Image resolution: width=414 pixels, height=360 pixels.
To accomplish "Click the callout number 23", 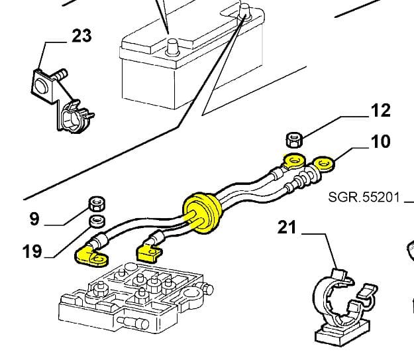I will tap(81, 35).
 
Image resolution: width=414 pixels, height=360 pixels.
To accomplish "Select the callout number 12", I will tap(381, 110).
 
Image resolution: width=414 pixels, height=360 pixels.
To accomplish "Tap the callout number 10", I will tap(381, 141).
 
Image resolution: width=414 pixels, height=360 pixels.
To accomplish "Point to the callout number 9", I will tap(34, 218).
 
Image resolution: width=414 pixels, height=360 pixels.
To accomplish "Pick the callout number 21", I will tap(287, 227).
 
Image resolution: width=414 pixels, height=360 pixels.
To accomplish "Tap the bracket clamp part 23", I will tap(60, 99).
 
